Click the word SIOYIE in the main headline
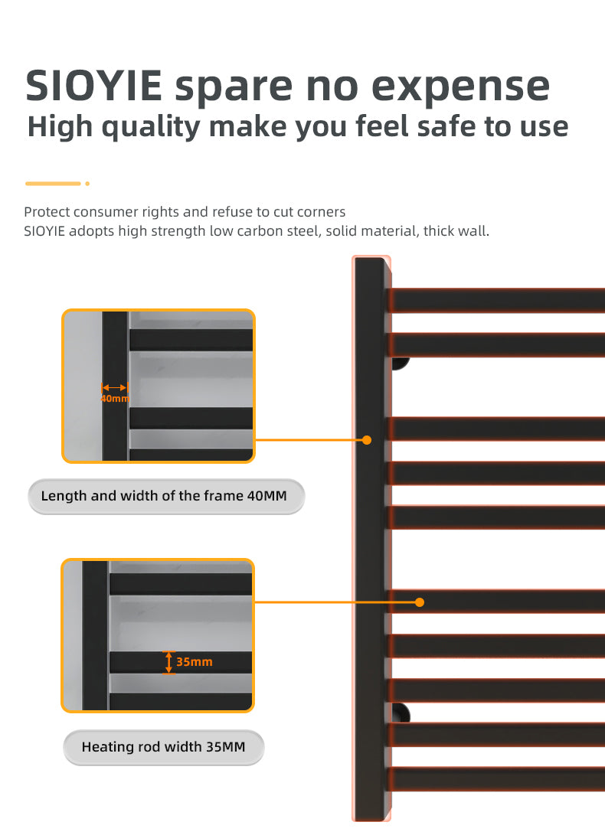[x=94, y=85]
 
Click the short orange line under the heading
[x=53, y=184]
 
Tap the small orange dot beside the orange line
[x=87, y=184]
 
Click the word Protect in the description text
[x=47, y=212]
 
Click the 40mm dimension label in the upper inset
[x=115, y=398]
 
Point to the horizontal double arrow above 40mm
[x=115, y=388]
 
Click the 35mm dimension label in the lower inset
[x=194, y=662]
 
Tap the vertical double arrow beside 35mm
[x=169, y=662]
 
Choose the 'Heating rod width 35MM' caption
[x=164, y=747]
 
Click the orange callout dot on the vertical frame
[x=367, y=440]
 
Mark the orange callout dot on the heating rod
[x=420, y=602]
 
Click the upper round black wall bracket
[x=401, y=364]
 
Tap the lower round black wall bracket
[x=401, y=713]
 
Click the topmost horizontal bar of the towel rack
[x=497, y=301]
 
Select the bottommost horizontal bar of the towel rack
[x=497, y=779]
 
